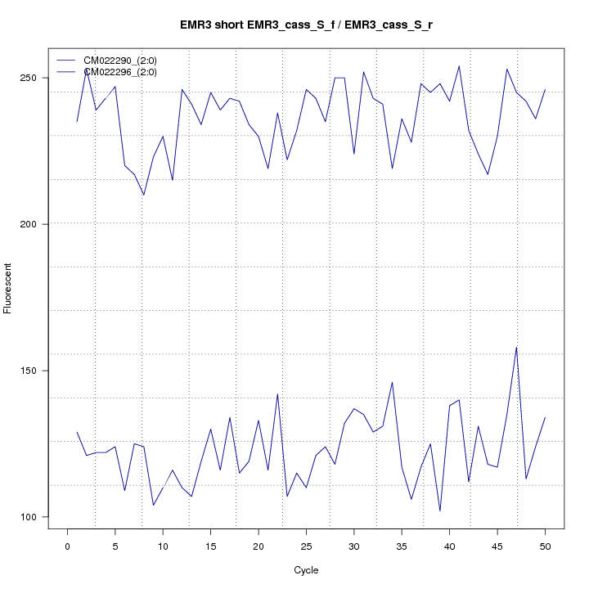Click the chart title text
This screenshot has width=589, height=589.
307,25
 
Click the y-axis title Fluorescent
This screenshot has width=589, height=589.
9,288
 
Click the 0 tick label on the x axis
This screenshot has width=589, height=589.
67,546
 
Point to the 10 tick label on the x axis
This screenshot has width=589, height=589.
163,546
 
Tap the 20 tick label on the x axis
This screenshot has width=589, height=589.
259,546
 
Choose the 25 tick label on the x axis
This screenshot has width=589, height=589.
306,546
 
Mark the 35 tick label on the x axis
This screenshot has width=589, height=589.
402,546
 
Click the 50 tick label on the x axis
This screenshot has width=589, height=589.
545,546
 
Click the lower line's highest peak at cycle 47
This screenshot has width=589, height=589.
516,348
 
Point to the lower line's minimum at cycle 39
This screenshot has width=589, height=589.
440,511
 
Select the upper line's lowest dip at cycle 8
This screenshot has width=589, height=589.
144,195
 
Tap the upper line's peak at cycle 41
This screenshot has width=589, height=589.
459,66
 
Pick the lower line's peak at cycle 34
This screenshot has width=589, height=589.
392,382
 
